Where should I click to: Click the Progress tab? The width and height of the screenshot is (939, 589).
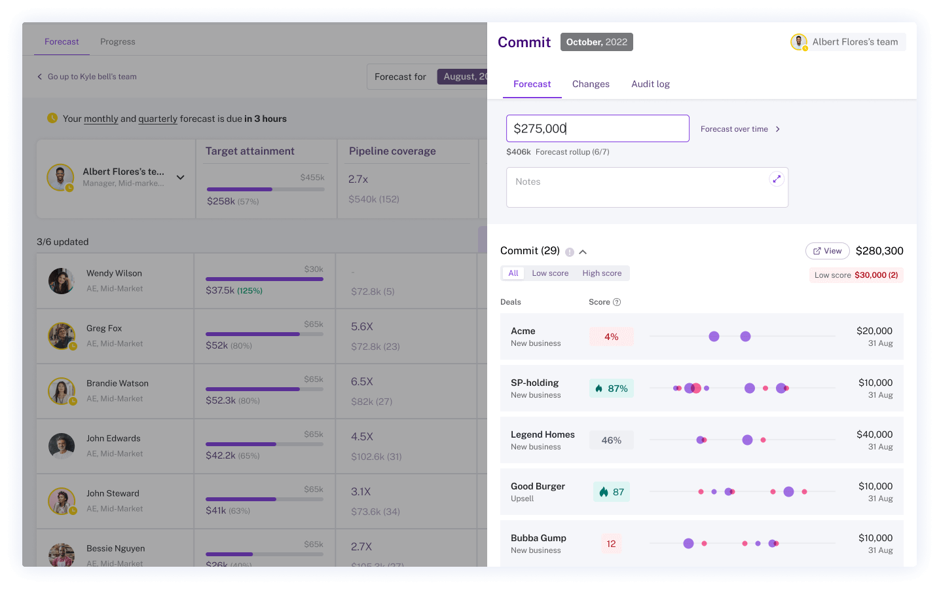pos(118,42)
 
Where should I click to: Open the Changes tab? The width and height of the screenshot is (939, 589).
pos(591,84)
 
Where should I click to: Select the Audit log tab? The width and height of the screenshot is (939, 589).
pos(650,84)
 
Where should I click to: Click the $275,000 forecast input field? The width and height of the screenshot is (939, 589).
pos(597,128)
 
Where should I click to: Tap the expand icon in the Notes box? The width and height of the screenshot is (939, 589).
pos(777,179)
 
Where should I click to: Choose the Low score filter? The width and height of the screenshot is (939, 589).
pos(550,273)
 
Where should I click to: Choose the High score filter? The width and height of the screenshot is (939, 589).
pos(602,273)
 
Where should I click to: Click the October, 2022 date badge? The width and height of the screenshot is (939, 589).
pos(597,42)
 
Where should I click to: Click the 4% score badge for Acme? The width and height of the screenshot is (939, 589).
pos(611,337)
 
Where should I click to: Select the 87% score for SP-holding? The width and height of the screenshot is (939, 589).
pos(611,389)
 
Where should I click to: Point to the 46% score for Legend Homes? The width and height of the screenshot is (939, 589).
pos(611,440)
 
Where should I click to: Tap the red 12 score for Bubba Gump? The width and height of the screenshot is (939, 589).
pos(611,544)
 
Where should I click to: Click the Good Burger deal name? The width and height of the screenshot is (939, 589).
pos(538,486)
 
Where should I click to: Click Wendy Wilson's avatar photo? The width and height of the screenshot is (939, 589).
pos(62,281)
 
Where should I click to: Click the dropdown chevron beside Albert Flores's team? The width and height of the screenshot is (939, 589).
pos(181,178)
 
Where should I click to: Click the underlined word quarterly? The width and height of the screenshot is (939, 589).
pos(158,119)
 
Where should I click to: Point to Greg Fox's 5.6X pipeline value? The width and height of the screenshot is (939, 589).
pos(362,326)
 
